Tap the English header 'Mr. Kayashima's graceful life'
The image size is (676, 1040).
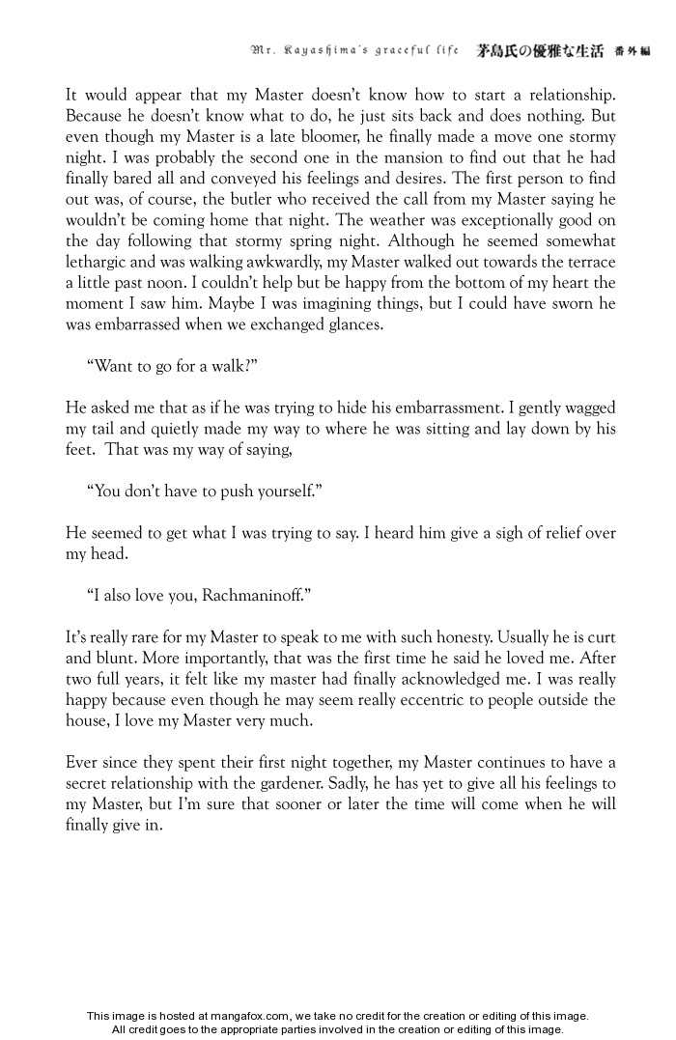coord(353,50)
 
